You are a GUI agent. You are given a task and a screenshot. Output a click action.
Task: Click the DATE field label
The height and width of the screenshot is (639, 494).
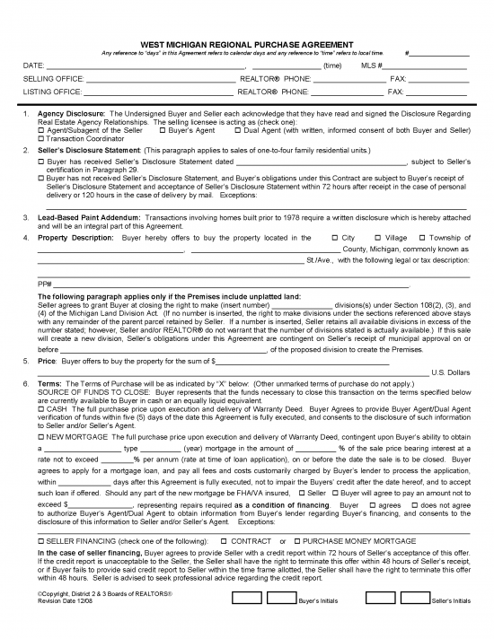coord(32,66)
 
